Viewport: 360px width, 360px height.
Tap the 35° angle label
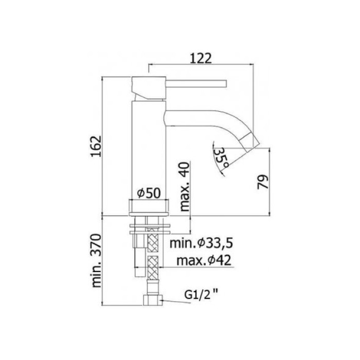click(222, 155)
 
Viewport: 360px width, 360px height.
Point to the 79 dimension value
click(261, 182)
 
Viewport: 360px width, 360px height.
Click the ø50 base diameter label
click(149, 193)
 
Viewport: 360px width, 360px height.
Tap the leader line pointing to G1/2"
click(172, 298)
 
